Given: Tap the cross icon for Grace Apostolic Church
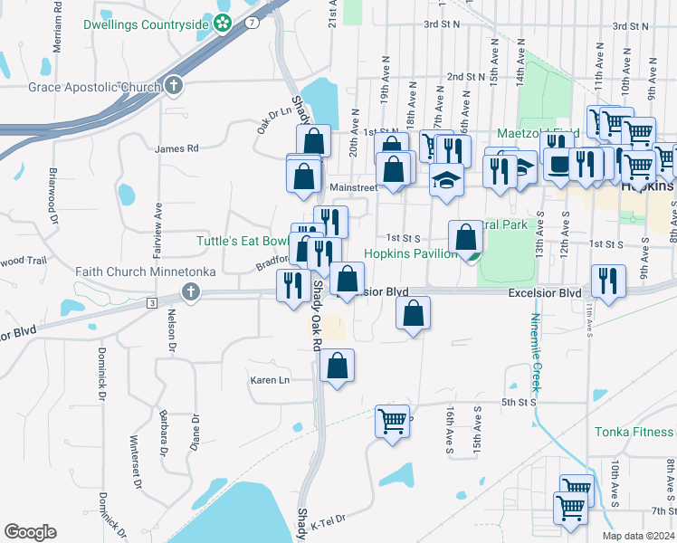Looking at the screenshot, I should (175, 87).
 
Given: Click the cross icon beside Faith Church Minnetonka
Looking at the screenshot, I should (189, 292).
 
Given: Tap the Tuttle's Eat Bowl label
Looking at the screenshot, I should (243, 241).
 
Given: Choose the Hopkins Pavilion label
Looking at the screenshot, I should (410, 253).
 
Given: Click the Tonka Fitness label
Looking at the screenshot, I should (634, 432).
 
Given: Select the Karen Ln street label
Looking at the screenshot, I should (270, 380).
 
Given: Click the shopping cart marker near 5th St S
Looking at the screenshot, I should (392, 421).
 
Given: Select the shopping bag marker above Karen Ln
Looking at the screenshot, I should (337, 366).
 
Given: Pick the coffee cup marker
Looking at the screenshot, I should (558, 164).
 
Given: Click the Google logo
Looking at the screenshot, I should (30, 532).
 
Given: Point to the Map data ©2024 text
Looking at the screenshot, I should (639, 535).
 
